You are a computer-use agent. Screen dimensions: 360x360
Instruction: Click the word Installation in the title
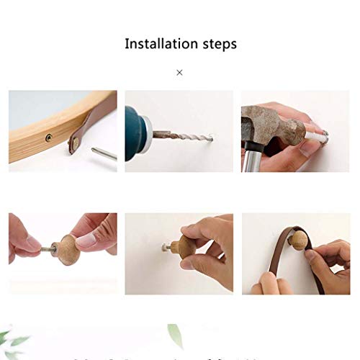[x=158, y=44]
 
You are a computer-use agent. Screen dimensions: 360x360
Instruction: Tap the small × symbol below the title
[x=179, y=72]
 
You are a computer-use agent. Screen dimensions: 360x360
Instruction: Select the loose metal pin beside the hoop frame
[x=104, y=153]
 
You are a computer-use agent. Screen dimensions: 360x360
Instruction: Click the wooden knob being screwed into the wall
[x=189, y=249]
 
